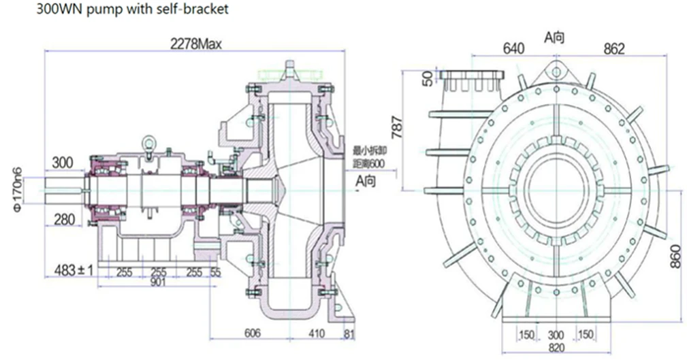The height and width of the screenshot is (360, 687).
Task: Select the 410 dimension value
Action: pos(315,333)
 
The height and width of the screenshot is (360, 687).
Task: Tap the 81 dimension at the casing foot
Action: pos(349,333)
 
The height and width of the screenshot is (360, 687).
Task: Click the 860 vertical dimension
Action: pos(675,255)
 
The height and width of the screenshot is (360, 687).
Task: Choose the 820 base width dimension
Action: pos(557,348)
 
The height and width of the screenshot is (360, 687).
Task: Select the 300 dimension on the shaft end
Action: pos(63,162)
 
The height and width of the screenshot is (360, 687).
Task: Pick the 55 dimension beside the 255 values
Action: pos(216,272)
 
